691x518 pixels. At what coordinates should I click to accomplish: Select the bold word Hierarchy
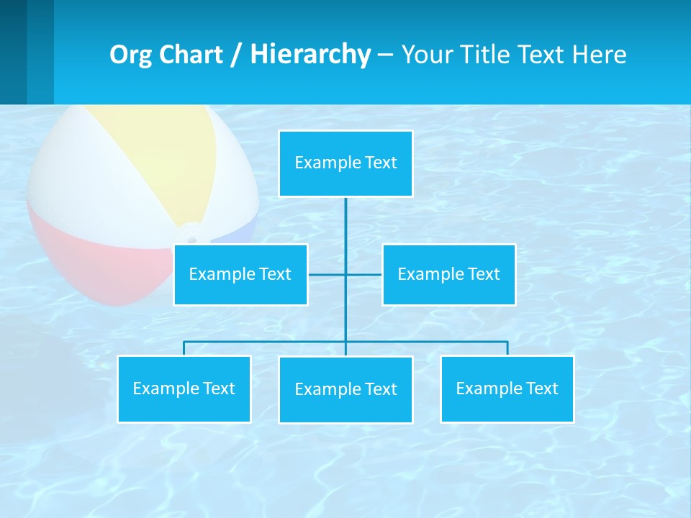click(x=310, y=55)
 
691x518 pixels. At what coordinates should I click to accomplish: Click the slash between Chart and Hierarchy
click(x=235, y=55)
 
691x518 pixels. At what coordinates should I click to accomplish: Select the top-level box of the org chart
click(x=345, y=163)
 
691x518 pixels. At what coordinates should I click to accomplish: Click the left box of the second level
click(x=240, y=275)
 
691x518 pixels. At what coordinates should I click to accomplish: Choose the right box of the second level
click(x=448, y=275)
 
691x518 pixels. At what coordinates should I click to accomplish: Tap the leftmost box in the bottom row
click(x=184, y=389)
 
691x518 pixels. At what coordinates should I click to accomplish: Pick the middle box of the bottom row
click(x=345, y=390)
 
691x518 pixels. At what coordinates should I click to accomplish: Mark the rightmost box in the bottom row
click(x=507, y=389)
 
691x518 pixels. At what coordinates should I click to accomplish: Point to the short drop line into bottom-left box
click(x=184, y=348)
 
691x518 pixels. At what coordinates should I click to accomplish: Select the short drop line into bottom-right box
click(x=507, y=348)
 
